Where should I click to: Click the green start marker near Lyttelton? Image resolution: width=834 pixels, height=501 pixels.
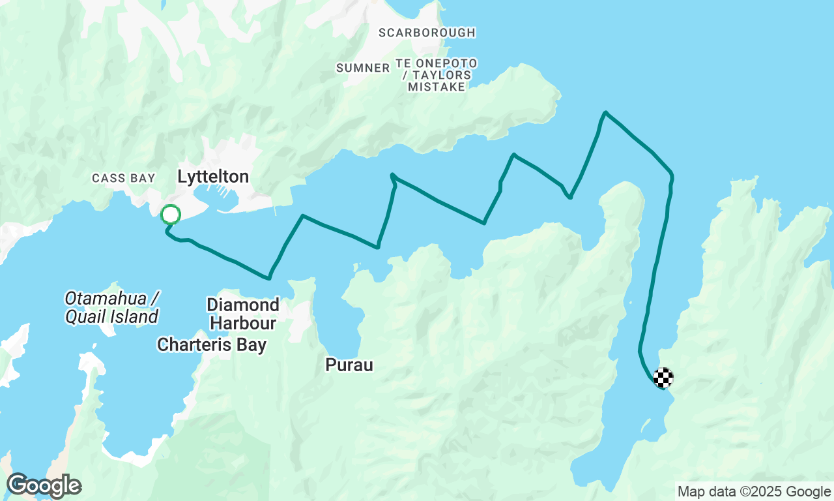click(x=170, y=214)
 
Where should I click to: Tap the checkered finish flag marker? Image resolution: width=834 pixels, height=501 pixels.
click(x=663, y=377)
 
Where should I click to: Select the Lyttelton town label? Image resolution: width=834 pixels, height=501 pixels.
click(x=213, y=177)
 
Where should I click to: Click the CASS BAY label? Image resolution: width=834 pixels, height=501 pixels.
click(x=124, y=178)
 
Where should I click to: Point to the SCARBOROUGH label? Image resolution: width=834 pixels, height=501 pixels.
click(x=427, y=33)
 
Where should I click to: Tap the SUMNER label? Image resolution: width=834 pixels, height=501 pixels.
click(x=363, y=68)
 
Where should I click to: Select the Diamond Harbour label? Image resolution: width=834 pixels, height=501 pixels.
click(x=243, y=313)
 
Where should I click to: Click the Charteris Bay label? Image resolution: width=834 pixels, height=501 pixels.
click(x=212, y=344)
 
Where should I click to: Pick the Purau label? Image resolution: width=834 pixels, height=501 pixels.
click(x=349, y=365)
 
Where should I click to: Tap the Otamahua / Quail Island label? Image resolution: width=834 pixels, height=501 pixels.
click(x=111, y=308)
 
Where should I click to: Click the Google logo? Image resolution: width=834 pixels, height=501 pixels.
click(x=44, y=486)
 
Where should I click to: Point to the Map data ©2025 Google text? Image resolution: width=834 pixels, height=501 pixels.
click(x=754, y=492)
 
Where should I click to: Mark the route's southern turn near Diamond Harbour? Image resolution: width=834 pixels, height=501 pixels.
click(x=268, y=279)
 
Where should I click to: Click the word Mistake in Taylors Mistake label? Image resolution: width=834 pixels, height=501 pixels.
click(x=437, y=87)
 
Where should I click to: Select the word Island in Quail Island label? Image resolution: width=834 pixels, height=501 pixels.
click(x=134, y=317)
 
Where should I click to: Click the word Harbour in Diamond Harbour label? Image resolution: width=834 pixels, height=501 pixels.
click(x=243, y=322)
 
